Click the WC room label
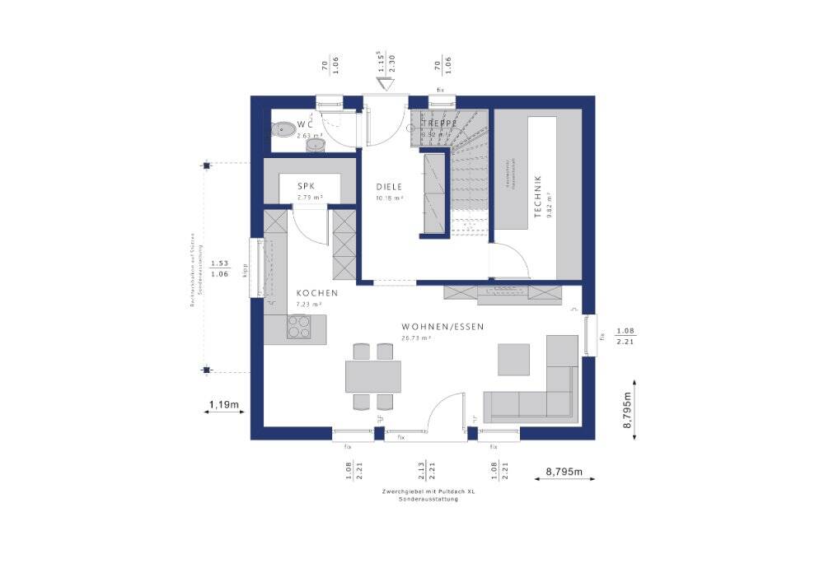pyautogui.click(x=305, y=123)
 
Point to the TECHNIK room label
pyautogui.click(x=538, y=196)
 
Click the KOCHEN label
pyautogui.click(x=317, y=294)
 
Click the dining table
pyautogui.click(x=373, y=376)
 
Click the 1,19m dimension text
pyautogui.click(x=223, y=404)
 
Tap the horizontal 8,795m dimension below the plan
pyautogui.click(x=564, y=472)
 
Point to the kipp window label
pyautogui.click(x=245, y=271)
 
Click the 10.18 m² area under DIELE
pyautogui.click(x=389, y=198)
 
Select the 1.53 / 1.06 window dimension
pyautogui.click(x=219, y=269)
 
